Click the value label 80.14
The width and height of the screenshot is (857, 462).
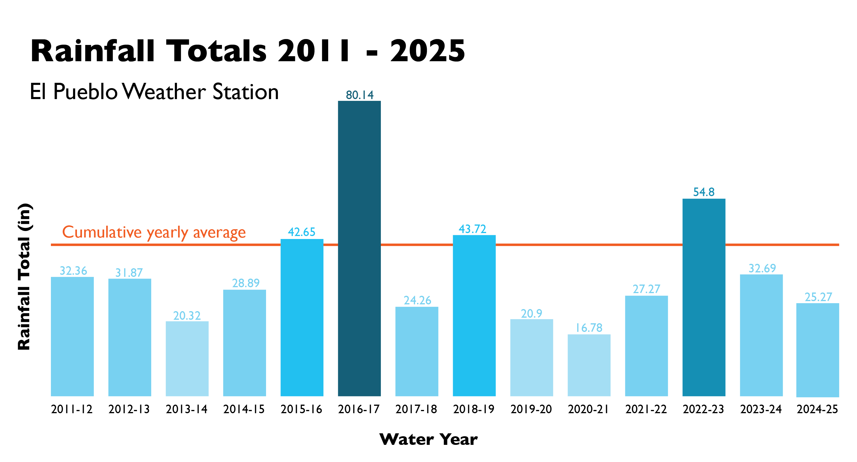tap(360, 95)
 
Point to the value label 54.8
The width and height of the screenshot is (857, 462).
tap(704, 192)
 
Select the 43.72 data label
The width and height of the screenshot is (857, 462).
tap(472, 229)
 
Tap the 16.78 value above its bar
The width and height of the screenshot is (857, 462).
tap(589, 328)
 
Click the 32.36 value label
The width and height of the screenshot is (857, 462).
tap(73, 271)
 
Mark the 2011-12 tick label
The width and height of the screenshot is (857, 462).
tap(72, 409)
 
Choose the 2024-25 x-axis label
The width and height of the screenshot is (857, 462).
tap(817, 409)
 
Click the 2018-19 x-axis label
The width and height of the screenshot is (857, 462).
tap(474, 409)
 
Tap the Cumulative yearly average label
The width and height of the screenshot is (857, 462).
tap(154, 232)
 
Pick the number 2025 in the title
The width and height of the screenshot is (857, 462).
tap(428, 51)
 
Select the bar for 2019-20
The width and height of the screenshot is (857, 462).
tap(531, 357)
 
